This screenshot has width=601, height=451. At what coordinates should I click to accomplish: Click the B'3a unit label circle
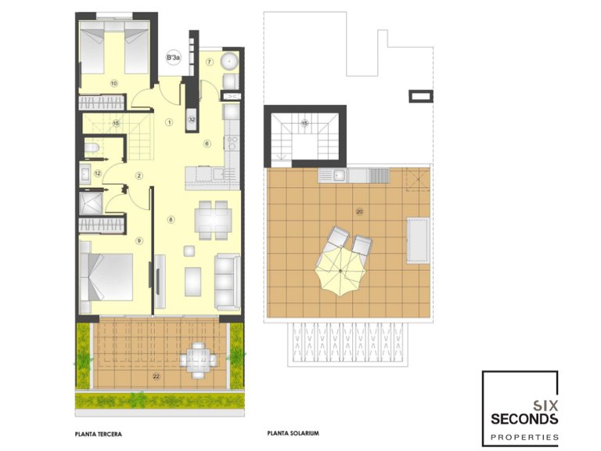coord(172,57)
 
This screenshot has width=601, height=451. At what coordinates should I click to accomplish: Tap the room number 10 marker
coord(113,83)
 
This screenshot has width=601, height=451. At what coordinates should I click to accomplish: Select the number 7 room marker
coord(210,62)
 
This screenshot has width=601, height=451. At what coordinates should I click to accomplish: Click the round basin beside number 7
coord(231,60)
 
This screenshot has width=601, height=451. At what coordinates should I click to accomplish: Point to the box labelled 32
coord(191,119)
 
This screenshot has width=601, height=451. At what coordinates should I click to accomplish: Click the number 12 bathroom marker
coord(98,173)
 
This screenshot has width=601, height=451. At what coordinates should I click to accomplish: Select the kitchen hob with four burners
coord(231,143)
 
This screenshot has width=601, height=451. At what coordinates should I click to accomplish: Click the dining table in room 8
coord(211,219)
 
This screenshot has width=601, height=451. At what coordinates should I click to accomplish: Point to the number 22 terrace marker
coord(157,377)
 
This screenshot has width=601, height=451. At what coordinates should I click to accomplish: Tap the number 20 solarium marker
coord(359,211)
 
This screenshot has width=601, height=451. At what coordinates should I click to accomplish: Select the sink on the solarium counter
coord(336,175)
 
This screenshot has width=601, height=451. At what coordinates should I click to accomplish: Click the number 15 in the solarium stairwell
coord(305,123)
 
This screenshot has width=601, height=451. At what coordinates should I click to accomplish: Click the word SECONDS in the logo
coord(524,419)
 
